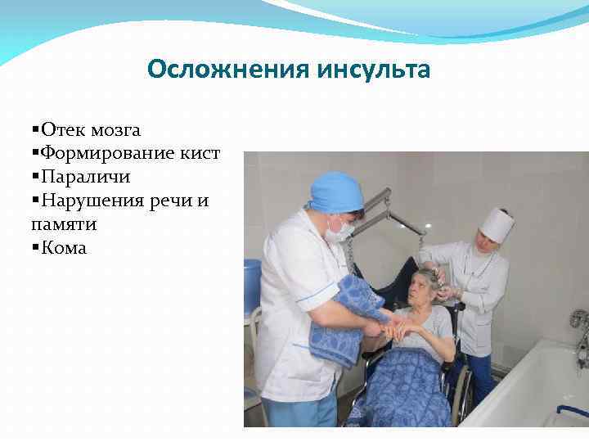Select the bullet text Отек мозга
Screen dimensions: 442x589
[90, 129]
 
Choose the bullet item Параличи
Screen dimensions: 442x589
[86, 177]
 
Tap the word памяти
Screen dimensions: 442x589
[62, 223]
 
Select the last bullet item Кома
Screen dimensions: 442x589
[63, 247]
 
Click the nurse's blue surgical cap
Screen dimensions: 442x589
[336, 192]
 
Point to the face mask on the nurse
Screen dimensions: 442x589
[337, 228]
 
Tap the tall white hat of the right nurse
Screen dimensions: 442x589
[497, 223]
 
